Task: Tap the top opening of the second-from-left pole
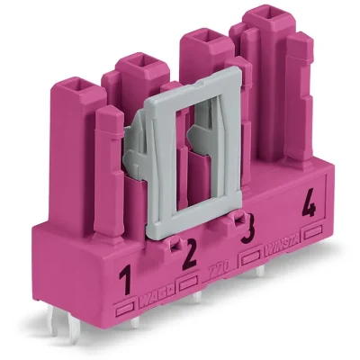coord(137,63)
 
